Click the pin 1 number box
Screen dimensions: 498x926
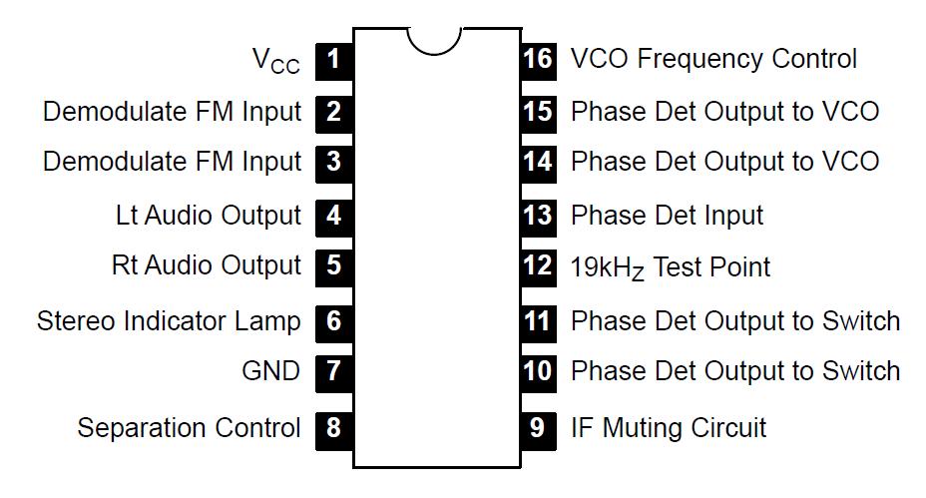333,59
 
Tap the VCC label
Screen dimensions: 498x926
275,61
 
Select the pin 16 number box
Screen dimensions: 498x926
538,59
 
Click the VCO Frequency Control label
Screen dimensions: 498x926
713,59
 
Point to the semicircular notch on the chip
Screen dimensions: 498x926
434,41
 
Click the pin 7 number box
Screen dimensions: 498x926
333,372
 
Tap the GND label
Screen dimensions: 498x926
270,372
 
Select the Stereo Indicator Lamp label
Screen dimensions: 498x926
169,321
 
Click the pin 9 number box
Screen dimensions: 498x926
538,428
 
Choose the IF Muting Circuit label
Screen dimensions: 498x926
669,428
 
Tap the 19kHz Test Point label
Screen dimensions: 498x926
671,267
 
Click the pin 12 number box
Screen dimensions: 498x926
538,266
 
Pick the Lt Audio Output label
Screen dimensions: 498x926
208,215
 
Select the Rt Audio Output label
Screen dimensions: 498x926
206,266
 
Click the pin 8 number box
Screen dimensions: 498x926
333,428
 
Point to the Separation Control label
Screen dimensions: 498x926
189,428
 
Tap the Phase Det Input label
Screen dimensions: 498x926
667,215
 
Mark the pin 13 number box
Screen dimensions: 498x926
538,215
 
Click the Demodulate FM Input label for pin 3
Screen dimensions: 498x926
172,162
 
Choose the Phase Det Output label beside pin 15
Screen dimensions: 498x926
724,111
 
